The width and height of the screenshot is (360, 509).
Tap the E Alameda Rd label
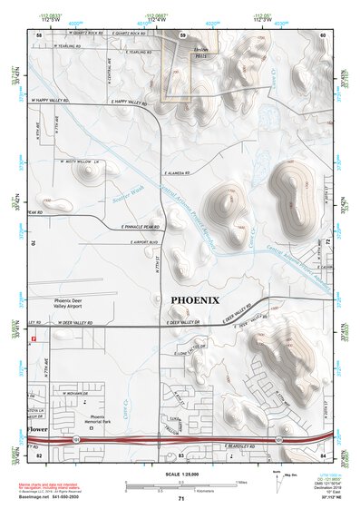(x=174, y=171)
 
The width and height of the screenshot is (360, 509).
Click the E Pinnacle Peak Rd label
(x=139, y=227)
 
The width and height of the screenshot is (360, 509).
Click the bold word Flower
(x=36, y=427)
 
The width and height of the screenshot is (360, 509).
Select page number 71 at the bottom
(x=181, y=499)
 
